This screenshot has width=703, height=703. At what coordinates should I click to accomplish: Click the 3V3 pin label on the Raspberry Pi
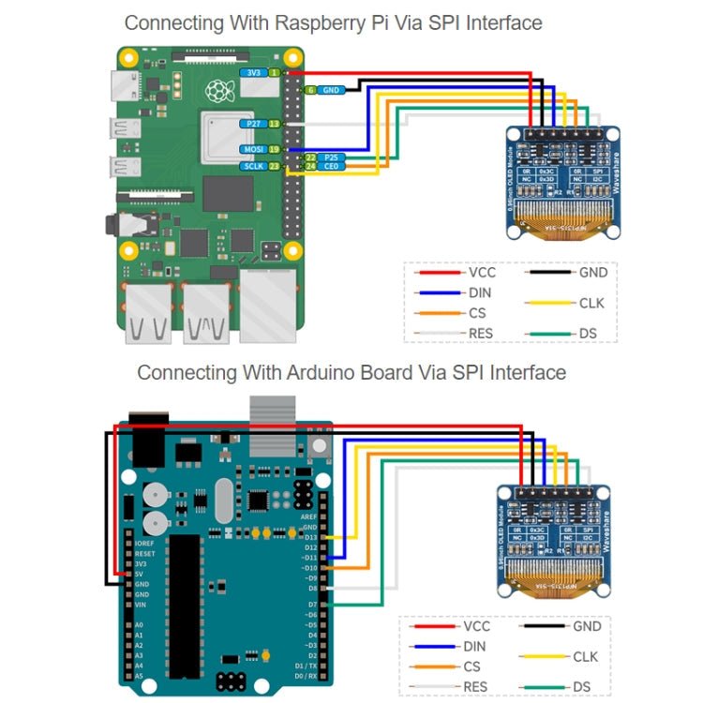(252, 72)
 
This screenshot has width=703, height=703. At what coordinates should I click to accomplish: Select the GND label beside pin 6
(331, 90)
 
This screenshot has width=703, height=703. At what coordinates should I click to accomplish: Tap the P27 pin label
(252, 124)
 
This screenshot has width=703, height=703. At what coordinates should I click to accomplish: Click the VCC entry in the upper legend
(482, 273)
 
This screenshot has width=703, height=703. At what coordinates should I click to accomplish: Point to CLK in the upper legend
(592, 303)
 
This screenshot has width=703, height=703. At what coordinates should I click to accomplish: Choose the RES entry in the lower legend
(474, 687)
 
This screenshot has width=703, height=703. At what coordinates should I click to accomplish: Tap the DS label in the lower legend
(582, 687)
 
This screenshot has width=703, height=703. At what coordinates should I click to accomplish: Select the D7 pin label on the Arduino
(311, 605)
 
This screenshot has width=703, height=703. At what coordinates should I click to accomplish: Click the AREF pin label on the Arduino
(308, 516)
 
